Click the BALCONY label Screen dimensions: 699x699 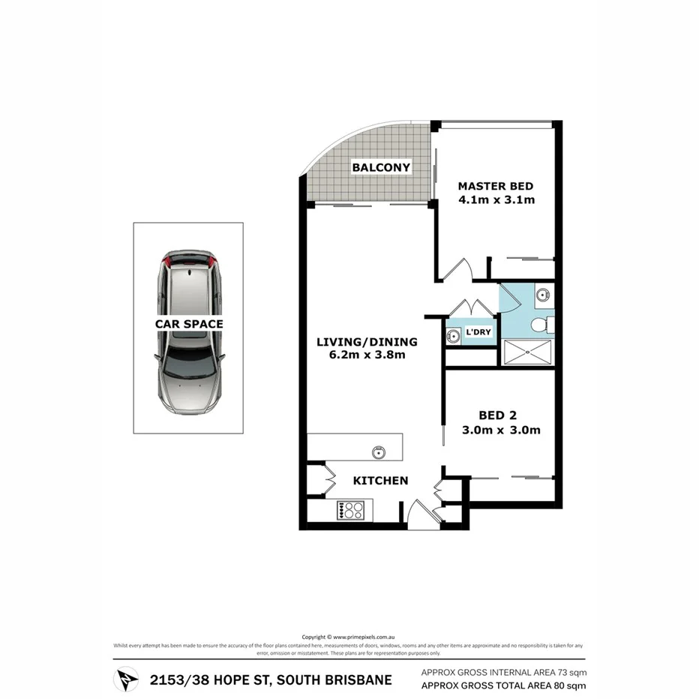(x=381, y=167)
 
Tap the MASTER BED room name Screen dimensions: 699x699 (x=496, y=186)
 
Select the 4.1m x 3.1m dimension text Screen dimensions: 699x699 (x=496, y=200)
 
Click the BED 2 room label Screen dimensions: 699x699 (x=499, y=415)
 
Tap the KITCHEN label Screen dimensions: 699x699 (x=381, y=480)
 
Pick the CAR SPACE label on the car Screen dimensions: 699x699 (x=188, y=324)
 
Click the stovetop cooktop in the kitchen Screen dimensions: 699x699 (x=351, y=511)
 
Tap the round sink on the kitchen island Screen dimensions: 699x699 (x=379, y=451)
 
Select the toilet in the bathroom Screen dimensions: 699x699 (x=541, y=325)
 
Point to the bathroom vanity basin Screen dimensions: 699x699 (x=544, y=295)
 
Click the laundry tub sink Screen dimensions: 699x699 (x=452, y=335)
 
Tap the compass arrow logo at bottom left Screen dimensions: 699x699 (x=124, y=679)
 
